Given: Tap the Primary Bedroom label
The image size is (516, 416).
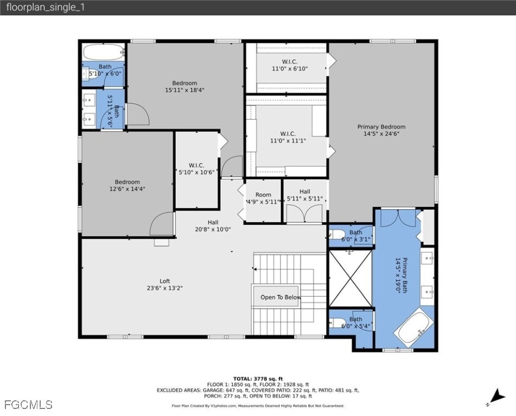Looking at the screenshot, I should click(x=381, y=130).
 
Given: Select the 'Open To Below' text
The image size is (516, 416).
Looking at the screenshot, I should click(x=280, y=297).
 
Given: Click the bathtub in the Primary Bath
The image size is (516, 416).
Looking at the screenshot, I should click(x=414, y=325).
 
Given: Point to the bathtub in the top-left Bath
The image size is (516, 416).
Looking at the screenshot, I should click(x=104, y=53).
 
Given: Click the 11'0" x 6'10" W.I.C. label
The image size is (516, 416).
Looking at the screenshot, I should click(x=289, y=65).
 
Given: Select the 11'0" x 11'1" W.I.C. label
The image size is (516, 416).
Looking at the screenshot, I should click(x=288, y=137).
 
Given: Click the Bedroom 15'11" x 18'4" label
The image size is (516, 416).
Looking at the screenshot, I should click(x=184, y=87).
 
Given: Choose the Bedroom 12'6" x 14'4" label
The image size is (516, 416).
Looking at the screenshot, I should click(x=127, y=185).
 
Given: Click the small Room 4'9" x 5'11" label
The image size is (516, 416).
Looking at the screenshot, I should click(x=263, y=198).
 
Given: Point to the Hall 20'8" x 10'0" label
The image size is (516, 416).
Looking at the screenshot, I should click(x=213, y=225).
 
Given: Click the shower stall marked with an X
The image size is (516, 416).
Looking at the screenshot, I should click(x=351, y=278).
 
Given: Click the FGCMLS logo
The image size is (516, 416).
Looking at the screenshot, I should click(x=28, y=404).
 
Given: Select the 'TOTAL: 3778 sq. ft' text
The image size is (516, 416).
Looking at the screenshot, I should click(x=258, y=379).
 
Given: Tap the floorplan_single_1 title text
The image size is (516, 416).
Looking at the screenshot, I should click(x=46, y=8).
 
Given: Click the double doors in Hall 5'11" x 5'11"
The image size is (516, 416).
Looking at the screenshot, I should click(x=300, y=214).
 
